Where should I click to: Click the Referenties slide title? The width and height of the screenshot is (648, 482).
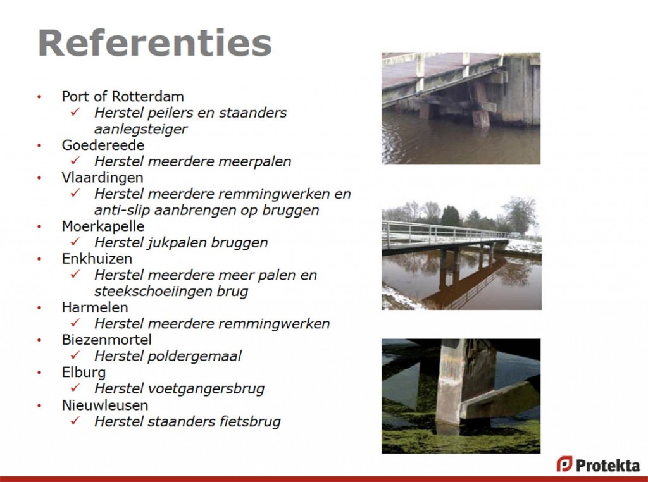coord(154,42)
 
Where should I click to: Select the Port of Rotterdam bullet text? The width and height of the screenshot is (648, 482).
coord(123,96)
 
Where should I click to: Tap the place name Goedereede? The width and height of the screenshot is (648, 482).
coord(103,145)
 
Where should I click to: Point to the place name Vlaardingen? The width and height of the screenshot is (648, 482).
coord(103,178)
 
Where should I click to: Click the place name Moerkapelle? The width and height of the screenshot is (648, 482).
coord(103,226)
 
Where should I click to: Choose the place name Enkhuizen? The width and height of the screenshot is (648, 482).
coord(97,259)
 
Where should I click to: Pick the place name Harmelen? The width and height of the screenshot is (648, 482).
coord(95,307)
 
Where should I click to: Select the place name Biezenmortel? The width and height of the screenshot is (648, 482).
coord(106,340)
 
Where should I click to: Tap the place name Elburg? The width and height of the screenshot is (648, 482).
coord(84,373)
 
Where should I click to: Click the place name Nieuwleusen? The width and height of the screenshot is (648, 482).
coord(105,405)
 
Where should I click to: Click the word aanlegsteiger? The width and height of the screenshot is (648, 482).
coord(141,129)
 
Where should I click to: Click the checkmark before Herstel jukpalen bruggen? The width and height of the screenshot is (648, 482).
coord(75,242)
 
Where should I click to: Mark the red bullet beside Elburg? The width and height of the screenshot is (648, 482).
coord(39,373)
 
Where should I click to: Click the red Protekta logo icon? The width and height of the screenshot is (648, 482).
coord(564,464)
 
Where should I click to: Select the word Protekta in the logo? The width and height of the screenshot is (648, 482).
coord(607,466)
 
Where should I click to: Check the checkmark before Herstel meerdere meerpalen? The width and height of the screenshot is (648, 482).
coord(75,160)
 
